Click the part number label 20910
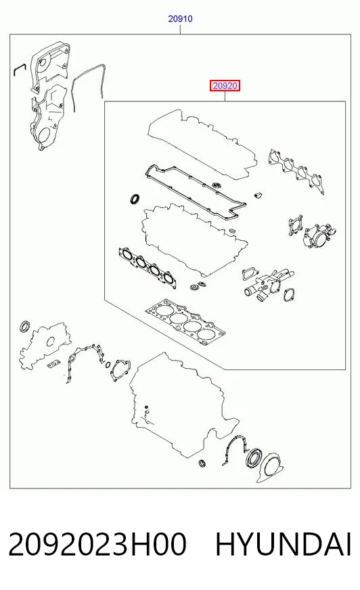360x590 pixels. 180,19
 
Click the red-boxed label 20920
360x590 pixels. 225,86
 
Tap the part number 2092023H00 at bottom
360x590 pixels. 97,545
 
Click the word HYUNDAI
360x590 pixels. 284,545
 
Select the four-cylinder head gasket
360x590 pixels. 185,323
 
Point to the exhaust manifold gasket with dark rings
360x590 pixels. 148,267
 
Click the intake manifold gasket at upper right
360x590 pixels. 296,171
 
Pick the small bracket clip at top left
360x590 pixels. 19,70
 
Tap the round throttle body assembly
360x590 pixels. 319,236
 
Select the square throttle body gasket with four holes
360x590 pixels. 296,225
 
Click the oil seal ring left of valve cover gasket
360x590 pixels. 135,199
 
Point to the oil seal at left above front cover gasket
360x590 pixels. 25,327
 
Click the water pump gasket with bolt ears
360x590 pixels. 120,370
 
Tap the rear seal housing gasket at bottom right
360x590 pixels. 269,468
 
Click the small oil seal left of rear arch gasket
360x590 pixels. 202,463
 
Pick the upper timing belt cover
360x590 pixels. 50,67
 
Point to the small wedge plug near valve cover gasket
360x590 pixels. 258,195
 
